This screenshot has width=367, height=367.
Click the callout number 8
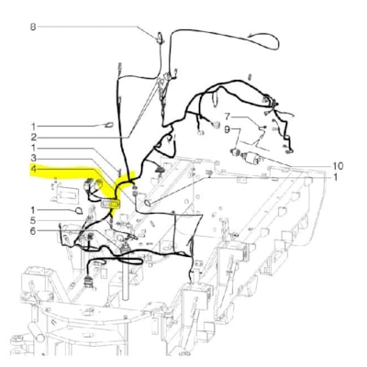[32, 28]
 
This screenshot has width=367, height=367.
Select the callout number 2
[32, 137]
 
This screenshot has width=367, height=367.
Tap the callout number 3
[32, 159]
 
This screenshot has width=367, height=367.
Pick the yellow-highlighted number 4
[32, 171]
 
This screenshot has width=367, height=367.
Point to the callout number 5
[32, 221]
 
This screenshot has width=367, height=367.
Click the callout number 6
[32, 231]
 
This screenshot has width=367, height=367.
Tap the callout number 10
[337, 165]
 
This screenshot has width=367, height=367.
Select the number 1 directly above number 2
[32, 126]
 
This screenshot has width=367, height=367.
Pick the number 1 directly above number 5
[32, 210]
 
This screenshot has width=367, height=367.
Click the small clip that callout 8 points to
[161, 38]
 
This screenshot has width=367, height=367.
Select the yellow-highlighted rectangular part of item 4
[114, 202]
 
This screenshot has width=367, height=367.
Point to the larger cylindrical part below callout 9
[248, 153]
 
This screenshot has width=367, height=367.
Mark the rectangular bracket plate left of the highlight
[67, 195]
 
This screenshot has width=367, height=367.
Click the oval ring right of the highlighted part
[148, 200]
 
